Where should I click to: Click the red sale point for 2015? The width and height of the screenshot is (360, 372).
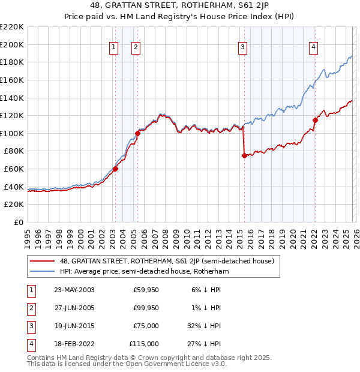(x=244, y=155)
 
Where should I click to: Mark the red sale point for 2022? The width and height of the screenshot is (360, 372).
(x=314, y=120)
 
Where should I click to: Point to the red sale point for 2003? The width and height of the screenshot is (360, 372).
(x=115, y=169)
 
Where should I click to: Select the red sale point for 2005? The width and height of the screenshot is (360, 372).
(x=137, y=133)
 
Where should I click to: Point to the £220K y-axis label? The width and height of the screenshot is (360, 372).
(x=12, y=27)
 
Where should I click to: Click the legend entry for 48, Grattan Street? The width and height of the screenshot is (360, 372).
(x=167, y=261)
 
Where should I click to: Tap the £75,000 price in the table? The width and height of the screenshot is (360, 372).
(x=146, y=326)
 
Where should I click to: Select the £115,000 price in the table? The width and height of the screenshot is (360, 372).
(x=144, y=344)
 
